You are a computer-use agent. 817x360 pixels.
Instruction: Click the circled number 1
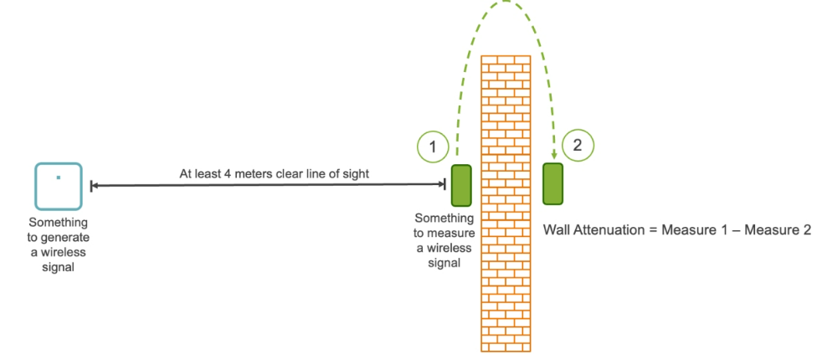click(433, 148)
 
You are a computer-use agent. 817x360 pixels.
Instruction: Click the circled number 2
click(578, 146)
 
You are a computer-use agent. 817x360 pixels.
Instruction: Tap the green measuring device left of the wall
click(461, 186)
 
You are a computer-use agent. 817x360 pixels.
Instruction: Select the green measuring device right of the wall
click(552, 184)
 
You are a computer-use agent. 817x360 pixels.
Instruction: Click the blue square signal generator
click(59, 186)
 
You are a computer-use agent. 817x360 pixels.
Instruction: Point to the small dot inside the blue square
click(59, 177)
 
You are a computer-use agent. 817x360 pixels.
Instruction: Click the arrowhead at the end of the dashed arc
click(553, 154)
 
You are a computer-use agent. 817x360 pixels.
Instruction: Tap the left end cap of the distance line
click(91, 186)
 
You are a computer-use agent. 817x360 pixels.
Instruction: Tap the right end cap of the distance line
click(445, 184)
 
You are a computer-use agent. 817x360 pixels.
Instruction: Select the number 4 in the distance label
click(222, 173)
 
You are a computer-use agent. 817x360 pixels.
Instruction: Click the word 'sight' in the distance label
click(356, 174)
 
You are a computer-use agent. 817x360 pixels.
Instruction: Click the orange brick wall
click(506, 203)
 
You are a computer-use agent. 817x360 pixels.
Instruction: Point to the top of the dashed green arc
click(505, 2)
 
